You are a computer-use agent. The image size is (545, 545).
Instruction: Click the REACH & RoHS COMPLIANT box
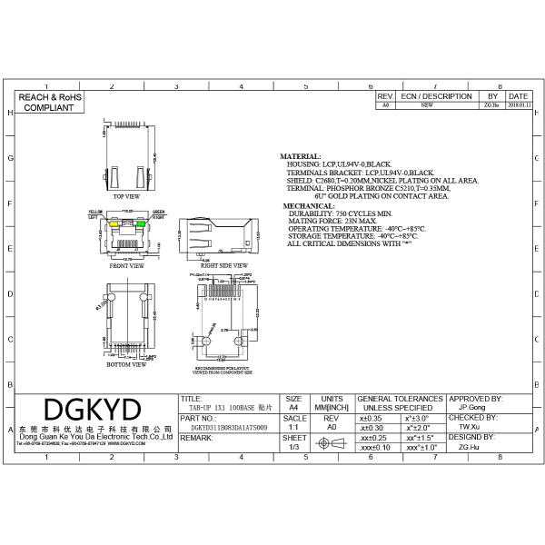[x=51, y=101]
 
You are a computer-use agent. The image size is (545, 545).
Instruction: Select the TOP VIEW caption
[x=126, y=196]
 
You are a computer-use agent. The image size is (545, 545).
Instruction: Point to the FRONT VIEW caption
[x=126, y=266]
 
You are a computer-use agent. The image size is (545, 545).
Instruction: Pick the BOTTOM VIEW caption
[x=126, y=364]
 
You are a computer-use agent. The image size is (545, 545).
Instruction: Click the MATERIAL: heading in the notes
[x=300, y=156]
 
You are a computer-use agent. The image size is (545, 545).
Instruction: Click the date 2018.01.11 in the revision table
[x=518, y=105]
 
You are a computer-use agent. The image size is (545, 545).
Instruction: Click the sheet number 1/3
[x=293, y=448]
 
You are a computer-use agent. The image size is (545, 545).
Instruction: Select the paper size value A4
[x=293, y=410]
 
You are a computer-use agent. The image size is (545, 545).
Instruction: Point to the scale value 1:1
[x=293, y=425]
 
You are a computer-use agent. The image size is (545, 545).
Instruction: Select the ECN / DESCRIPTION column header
[x=436, y=95]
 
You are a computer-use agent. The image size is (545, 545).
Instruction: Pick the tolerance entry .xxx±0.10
[x=375, y=448]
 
